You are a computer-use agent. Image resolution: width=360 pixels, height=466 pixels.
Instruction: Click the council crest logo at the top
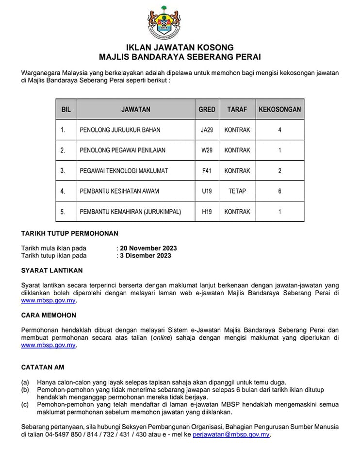point(180,22)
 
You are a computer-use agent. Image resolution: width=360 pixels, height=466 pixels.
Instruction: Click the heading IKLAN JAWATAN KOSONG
point(180,48)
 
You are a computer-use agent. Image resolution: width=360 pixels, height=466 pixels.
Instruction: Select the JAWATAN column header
point(136,110)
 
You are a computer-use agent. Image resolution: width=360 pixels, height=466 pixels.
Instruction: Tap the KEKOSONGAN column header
point(279,110)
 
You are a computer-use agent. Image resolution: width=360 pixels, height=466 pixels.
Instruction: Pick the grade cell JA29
point(207,130)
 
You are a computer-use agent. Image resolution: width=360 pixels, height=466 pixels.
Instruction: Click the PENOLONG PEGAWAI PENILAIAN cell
point(122,150)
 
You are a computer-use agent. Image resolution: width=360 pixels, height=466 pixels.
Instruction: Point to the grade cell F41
point(207,171)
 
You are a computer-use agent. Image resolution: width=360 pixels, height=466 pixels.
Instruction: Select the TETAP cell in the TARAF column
point(237,191)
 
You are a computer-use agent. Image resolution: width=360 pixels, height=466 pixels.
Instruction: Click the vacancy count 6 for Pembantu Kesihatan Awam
point(279,191)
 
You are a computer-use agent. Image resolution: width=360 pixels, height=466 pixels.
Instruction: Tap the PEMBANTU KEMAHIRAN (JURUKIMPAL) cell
point(130,212)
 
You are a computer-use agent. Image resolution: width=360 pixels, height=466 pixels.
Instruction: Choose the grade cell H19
point(207,212)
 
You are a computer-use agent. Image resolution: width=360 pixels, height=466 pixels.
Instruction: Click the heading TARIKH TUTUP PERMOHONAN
point(69,233)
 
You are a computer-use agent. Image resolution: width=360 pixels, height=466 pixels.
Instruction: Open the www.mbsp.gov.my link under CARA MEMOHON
point(49,346)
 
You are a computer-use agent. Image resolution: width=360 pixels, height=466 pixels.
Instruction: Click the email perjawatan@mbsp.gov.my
point(231,435)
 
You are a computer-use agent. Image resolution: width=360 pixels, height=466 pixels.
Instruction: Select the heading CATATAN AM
point(43,367)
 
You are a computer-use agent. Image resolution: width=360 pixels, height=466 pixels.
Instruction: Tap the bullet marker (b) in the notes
point(25,390)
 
